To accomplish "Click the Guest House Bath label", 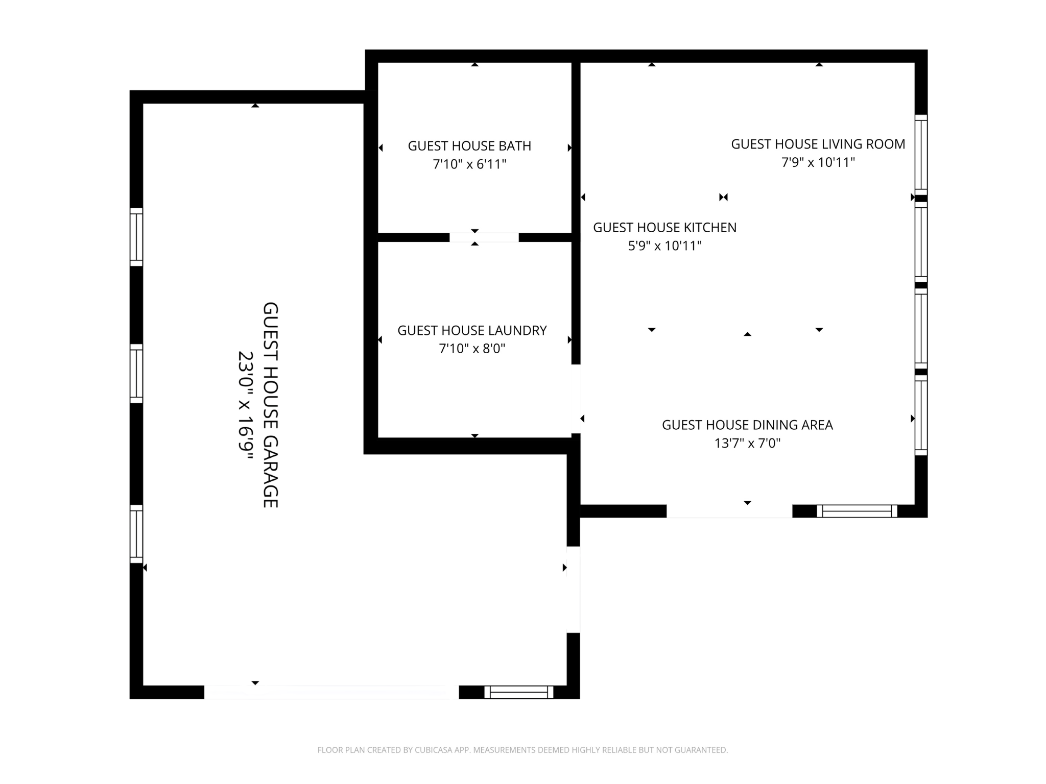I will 469,146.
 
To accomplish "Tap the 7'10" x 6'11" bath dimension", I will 469,164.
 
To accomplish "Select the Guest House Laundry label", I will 472,330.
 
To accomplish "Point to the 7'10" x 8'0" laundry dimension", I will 472,349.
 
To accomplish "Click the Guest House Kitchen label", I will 664,228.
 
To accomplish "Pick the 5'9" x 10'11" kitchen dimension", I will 664,246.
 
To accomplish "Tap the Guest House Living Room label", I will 818,144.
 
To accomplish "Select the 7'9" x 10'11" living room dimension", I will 818,162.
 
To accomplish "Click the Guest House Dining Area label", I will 747,425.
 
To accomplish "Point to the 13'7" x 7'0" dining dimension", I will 747,443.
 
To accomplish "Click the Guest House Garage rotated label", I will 270,405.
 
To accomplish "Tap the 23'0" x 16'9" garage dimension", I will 246,405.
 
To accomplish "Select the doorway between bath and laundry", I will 484,237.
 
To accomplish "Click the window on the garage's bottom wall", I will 518,692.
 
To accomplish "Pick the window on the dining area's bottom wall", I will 857,511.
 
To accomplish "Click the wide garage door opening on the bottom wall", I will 331,692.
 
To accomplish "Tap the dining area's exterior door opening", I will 729,511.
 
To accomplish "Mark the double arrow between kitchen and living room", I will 723,197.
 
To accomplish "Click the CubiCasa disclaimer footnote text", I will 522,750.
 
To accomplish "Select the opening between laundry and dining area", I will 576,399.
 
